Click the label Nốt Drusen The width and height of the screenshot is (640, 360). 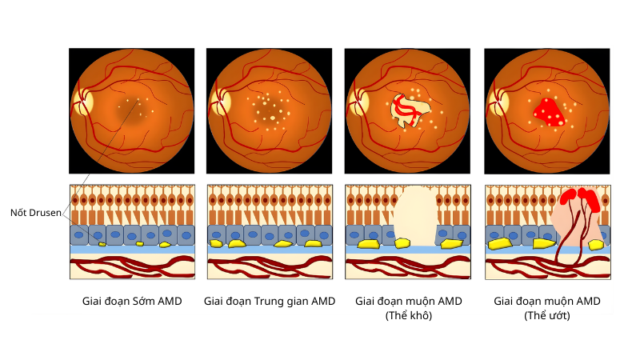point(35,213)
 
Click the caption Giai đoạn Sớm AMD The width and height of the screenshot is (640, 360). point(132,302)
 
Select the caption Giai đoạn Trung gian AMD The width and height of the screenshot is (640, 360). point(269,302)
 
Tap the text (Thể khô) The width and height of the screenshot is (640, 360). point(408,316)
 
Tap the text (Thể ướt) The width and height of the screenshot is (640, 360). point(546,316)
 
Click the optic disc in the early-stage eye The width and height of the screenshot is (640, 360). point(83,102)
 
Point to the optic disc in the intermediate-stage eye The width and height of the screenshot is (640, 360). point(221,102)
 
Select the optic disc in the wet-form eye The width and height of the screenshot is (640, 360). point(498,102)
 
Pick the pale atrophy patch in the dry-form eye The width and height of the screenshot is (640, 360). point(409,113)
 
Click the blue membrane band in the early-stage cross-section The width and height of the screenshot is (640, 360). point(132,250)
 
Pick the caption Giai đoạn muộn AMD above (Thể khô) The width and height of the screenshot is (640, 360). point(408,302)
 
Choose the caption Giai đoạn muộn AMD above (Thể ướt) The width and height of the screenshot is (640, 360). point(546,302)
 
